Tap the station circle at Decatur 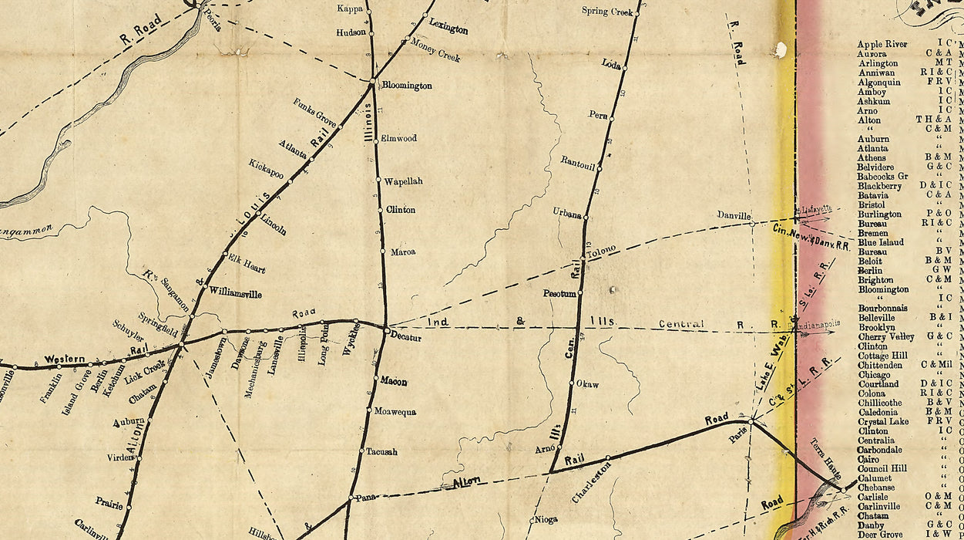click(386, 329)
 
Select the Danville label click(734, 215)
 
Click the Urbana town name click(566, 214)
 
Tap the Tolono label click(602, 251)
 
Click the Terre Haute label click(826, 460)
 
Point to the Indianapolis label click(820, 326)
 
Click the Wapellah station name click(404, 181)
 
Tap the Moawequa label click(395, 412)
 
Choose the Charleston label click(591, 483)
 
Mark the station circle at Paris click(752, 420)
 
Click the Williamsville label click(235, 293)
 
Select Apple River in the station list click(882, 45)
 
